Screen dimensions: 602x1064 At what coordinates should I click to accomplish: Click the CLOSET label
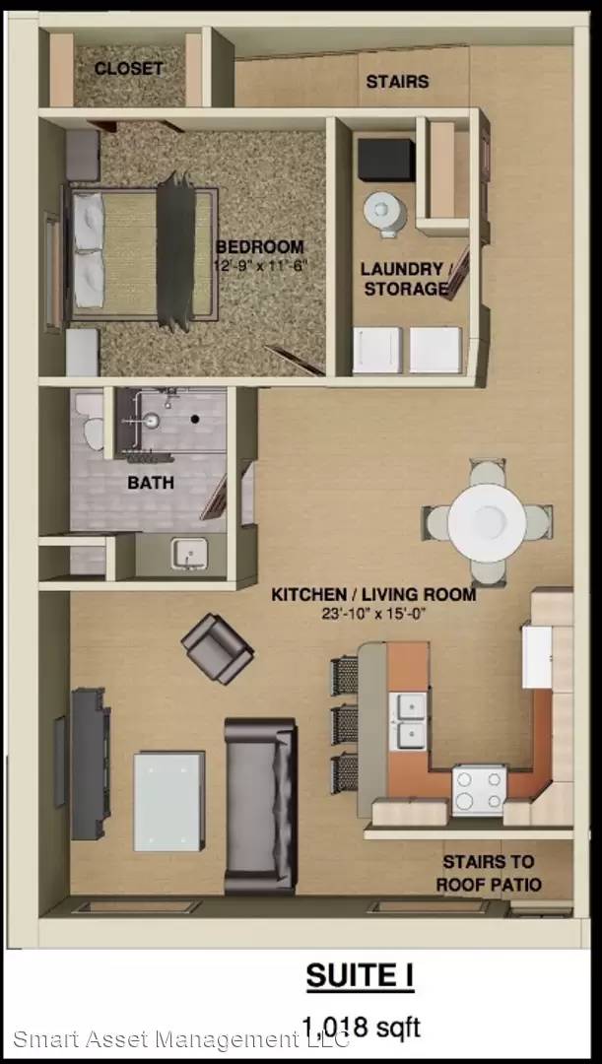(x=129, y=68)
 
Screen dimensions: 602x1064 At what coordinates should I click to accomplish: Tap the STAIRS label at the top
(x=398, y=82)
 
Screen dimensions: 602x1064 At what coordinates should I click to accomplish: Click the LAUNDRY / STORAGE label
(x=406, y=278)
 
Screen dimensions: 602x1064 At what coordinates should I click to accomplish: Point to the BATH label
(x=151, y=483)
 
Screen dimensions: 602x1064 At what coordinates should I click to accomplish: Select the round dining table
(x=487, y=520)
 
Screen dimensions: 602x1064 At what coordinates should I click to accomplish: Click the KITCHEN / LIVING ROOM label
(x=373, y=595)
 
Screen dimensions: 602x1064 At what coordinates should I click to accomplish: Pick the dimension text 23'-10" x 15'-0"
(x=374, y=615)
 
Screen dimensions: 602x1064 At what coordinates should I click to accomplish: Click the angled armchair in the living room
(x=217, y=648)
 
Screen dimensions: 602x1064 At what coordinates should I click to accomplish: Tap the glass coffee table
(x=169, y=801)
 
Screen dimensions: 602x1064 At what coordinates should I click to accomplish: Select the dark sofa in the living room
(x=261, y=806)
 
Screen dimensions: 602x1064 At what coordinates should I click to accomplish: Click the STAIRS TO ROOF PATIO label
(x=488, y=873)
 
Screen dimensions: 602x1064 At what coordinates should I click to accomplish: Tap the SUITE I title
(x=360, y=976)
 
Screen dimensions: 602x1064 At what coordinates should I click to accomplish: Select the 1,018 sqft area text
(x=361, y=1027)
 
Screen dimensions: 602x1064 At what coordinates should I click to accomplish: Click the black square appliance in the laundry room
(x=386, y=160)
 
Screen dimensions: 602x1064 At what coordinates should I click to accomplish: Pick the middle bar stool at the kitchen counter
(x=345, y=725)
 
